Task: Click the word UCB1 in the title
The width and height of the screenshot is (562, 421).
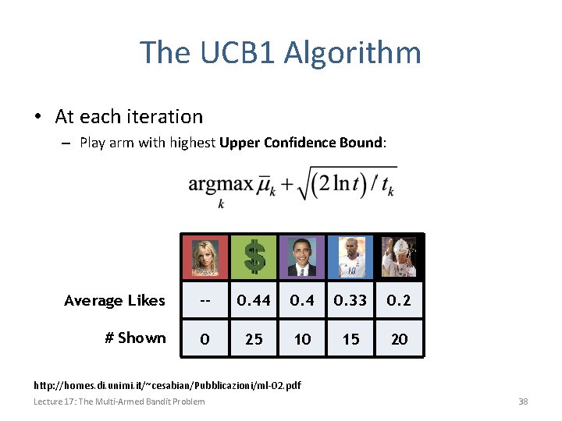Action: [237, 53]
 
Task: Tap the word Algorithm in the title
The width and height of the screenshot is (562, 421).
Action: [353, 53]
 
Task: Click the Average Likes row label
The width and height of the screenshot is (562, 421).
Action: [115, 301]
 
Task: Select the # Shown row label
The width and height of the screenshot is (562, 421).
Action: [135, 338]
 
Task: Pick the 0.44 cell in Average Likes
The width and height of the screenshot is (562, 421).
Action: [254, 300]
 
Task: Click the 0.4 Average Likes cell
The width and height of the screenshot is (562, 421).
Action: [302, 300]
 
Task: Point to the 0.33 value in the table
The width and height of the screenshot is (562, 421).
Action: [350, 300]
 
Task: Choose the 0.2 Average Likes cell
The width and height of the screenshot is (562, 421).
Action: [399, 300]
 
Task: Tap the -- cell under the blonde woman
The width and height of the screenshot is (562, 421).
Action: [205, 300]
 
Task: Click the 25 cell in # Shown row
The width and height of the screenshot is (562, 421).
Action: [254, 338]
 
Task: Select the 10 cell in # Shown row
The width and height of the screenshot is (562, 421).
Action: [302, 338]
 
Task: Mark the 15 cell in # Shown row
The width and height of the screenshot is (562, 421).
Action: [350, 338]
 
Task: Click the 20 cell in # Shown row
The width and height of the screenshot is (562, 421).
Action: [399, 338]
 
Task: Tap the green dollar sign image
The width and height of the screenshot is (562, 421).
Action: [254, 256]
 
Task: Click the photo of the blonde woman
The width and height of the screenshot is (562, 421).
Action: [205, 256]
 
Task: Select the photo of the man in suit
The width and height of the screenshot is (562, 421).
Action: [302, 256]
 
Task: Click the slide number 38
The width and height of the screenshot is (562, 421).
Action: [523, 402]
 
